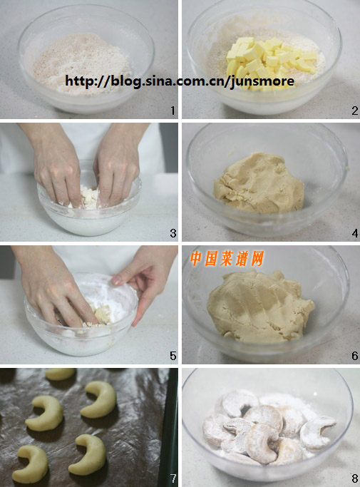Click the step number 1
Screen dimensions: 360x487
pyautogui.click(x=173, y=111)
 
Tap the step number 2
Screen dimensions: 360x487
pyautogui.click(x=355, y=111)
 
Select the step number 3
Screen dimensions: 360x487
pyautogui.click(x=173, y=233)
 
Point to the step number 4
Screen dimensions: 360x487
pyautogui.click(x=355, y=233)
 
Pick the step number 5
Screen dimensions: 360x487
pyautogui.click(x=173, y=356)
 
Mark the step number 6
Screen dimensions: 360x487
pyautogui.click(x=355, y=356)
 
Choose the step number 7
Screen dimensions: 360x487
pyautogui.click(x=173, y=478)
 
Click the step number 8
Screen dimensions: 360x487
pyautogui.click(x=355, y=478)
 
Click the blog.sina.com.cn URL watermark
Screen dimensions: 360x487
pyautogui.click(x=180, y=81)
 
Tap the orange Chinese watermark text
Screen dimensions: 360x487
pyautogui.click(x=227, y=258)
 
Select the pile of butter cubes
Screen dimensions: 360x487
pyautogui.click(x=269, y=62)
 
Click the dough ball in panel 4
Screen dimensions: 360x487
pyautogui.click(x=259, y=183)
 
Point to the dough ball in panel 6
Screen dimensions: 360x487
pyautogui.click(x=260, y=306)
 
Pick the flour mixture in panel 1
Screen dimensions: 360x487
pyautogui.click(x=81, y=63)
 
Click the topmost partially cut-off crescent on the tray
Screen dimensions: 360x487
pyautogui.click(x=61, y=374)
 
